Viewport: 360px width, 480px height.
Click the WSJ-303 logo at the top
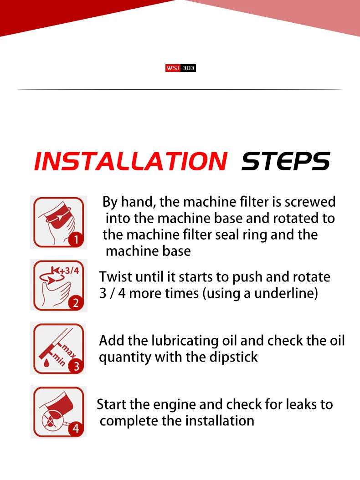[180, 68]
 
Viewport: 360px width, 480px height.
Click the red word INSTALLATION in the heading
[131, 161]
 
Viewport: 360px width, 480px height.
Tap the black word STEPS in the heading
[286, 161]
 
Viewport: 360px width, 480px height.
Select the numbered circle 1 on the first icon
[76, 239]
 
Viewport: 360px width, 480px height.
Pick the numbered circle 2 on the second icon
[76, 303]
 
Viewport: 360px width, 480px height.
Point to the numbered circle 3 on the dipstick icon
[76, 366]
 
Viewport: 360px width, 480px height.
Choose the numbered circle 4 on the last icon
[76, 428]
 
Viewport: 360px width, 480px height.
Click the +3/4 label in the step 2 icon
[69, 271]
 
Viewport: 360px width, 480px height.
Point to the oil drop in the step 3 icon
[46, 363]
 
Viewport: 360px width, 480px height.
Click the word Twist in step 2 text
[115, 277]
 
